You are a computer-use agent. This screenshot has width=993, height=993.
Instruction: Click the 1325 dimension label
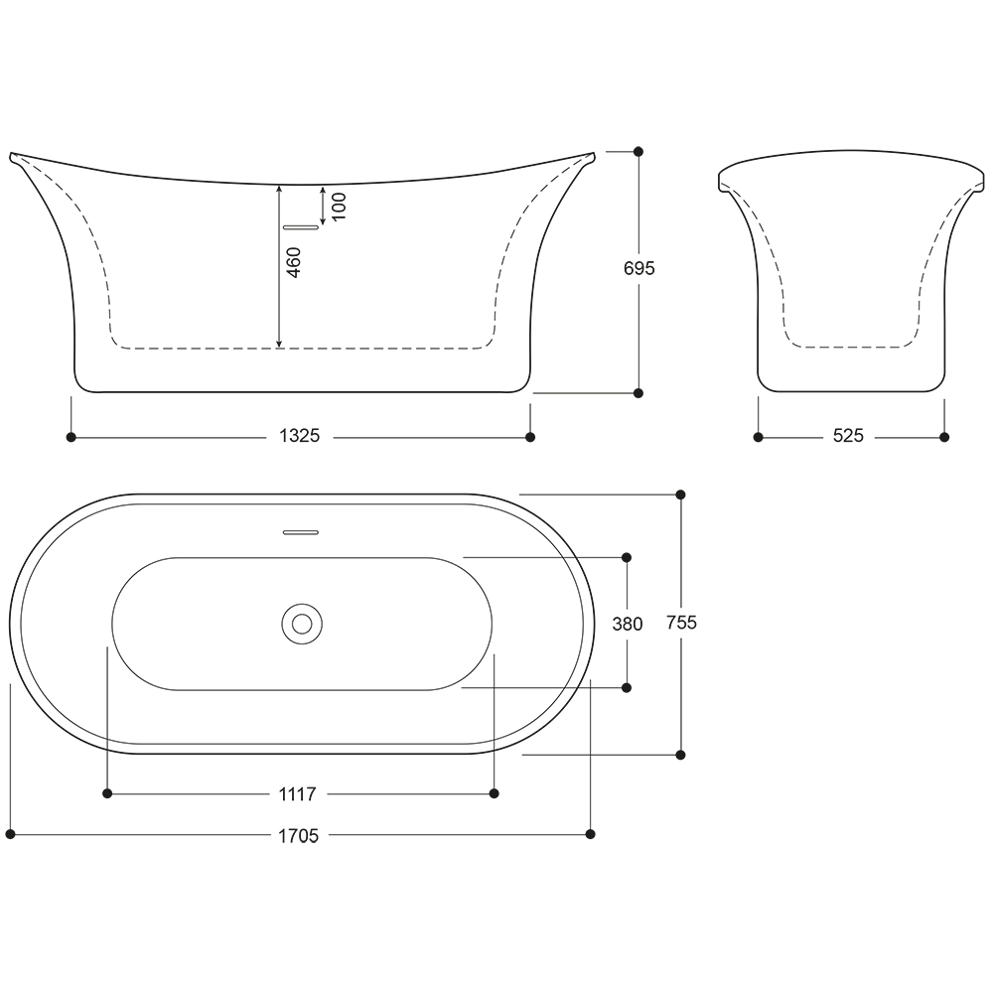[x=300, y=436]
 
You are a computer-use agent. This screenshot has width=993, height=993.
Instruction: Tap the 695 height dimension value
[x=638, y=268]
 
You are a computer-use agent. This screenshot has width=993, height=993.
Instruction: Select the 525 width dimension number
[x=848, y=436]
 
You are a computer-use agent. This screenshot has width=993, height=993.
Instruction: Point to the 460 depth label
[x=294, y=262]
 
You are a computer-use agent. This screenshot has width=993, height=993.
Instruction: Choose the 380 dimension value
[x=628, y=625]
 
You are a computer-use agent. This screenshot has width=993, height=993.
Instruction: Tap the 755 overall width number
[x=681, y=623]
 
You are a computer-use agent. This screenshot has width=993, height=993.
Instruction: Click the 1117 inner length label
[x=298, y=794]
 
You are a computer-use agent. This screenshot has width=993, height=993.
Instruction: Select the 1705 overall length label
[x=298, y=836]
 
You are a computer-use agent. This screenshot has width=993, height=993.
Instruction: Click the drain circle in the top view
[x=302, y=624]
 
